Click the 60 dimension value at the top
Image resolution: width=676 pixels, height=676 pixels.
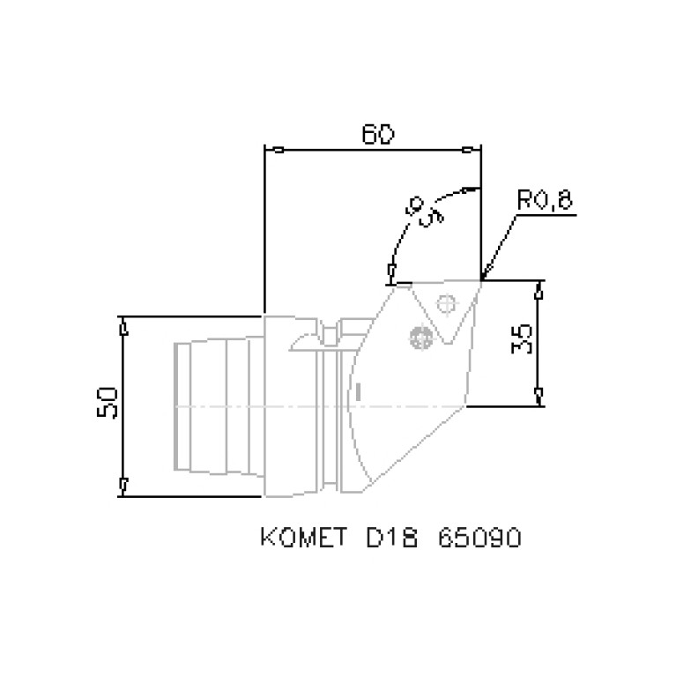pos(378,135)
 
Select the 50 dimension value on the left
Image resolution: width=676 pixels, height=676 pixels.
pos(107,405)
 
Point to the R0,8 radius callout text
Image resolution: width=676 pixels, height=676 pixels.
pos(544,200)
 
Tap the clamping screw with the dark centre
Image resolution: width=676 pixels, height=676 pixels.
pos(420,337)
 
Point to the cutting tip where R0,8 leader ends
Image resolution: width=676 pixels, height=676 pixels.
pos(482,280)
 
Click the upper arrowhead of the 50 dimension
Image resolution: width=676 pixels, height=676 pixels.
pos(123,327)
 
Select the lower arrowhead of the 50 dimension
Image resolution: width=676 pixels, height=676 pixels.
pos(123,486)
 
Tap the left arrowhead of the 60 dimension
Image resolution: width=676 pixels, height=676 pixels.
pos(276,149)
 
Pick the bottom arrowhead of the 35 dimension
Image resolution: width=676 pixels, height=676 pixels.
pos(540,397)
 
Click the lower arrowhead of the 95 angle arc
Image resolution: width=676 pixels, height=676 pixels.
pos(391,273)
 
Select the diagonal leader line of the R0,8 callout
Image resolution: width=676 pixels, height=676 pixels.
pos(501,247)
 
